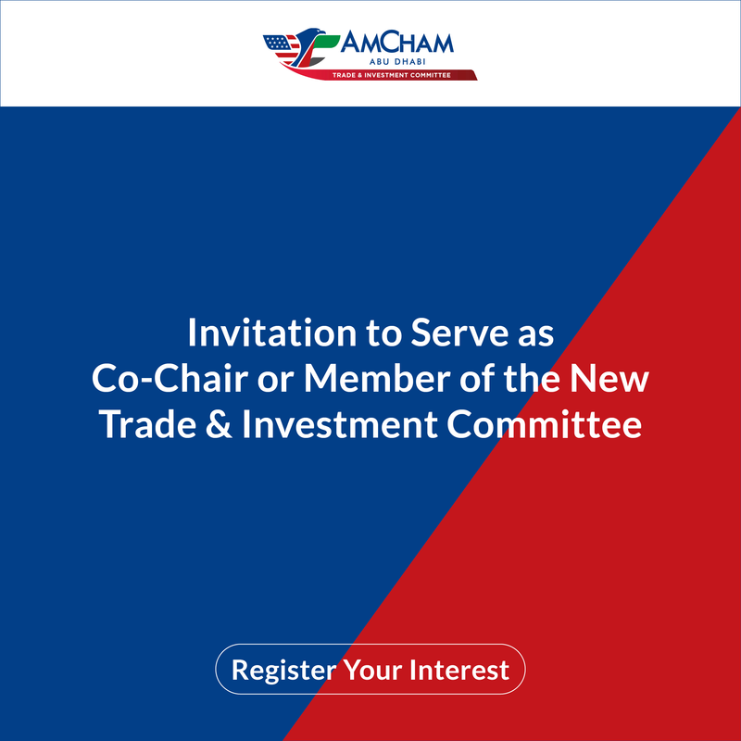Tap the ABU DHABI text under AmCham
(397, 62)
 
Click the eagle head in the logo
(312, 34)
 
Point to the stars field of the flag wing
(277, 43)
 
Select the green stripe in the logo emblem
(326, 43)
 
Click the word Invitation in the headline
(272, 333)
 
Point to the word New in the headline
(609, 379)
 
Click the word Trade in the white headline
(148, 424)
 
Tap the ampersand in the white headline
(219, 424)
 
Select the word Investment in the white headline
(339, 424)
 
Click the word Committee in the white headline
(545, 424)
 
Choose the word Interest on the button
(459, 669)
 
